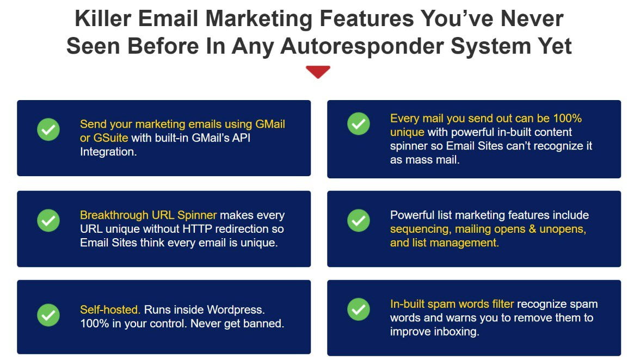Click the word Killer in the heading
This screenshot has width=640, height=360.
tap(103, 19)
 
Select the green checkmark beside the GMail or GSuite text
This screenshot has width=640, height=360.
tap(48, 129)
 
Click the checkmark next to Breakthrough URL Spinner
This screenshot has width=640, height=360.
tap(48, 220)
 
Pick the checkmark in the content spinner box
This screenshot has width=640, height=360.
tap(359, 123)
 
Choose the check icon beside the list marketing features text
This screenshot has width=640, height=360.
tap(359, 220)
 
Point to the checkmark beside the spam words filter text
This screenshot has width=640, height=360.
tap(359, 309)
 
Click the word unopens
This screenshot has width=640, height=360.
tap(562, 229)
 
